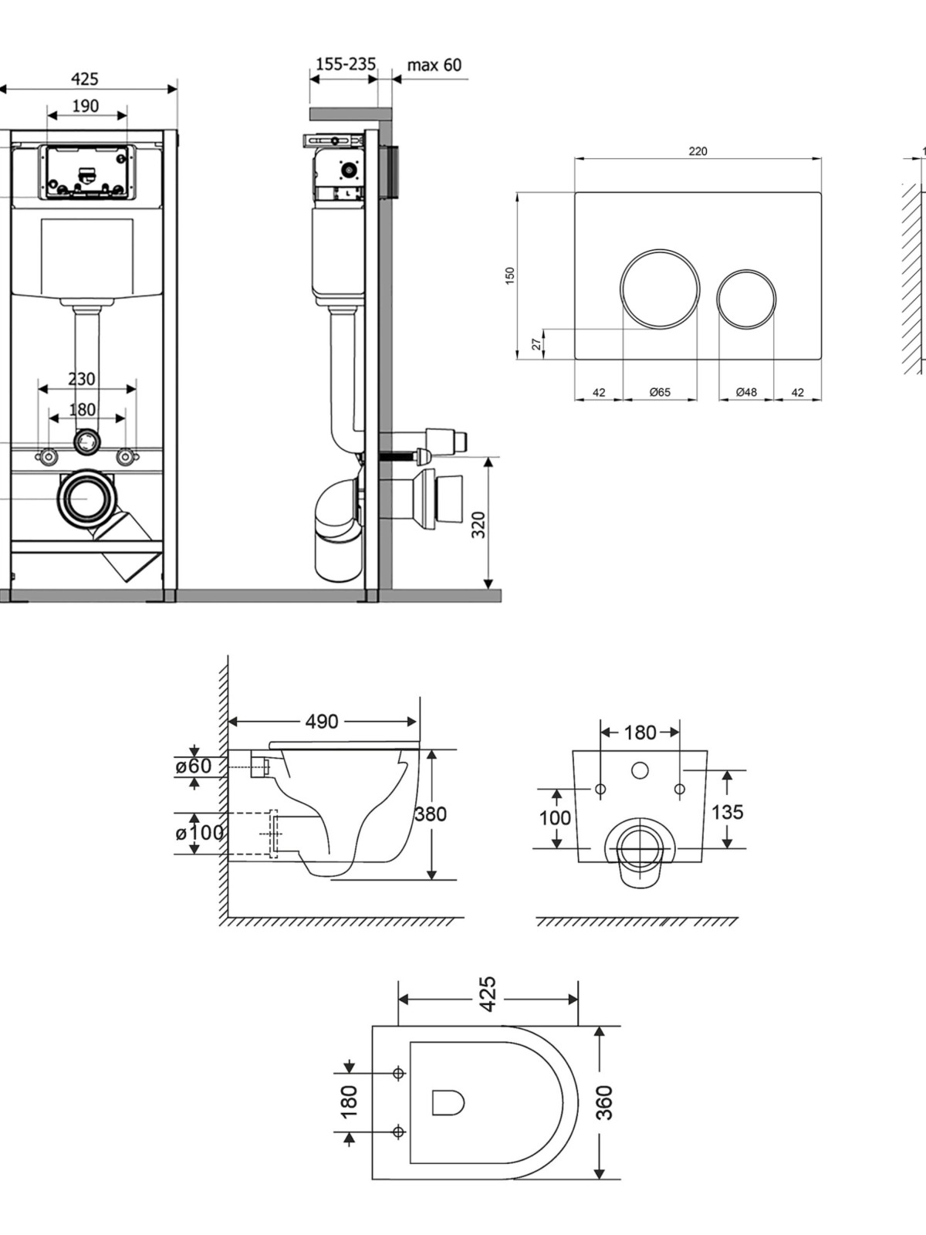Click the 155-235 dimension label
point(345,64)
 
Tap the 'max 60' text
point(434,65)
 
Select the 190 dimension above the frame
point(86,106)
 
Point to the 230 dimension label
point(82,379)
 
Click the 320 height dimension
point(478,524)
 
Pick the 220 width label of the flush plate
point(698,151)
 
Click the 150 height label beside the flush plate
point(510,276)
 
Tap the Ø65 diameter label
point(660,392)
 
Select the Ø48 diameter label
point(746,392)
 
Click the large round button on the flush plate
point(660,289)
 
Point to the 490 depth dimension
point(322,721)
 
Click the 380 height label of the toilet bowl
point(431,814)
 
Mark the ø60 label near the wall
point(194,766)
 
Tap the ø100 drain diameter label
point(199,833)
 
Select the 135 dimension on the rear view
point(728,812)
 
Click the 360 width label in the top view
point(605,1102)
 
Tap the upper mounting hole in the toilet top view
point(399,1073)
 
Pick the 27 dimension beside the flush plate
point(538,343)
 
